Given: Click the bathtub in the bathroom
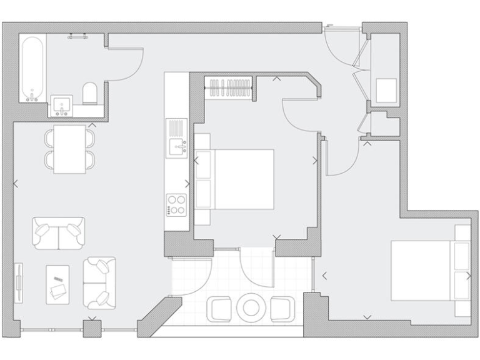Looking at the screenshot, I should point(32,69).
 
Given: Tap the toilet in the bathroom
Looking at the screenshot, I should point(89,93).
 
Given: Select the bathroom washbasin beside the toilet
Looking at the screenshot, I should point(62,107).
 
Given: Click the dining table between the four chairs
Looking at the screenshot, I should point(69,149).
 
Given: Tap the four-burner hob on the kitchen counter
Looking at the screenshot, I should point(176,204).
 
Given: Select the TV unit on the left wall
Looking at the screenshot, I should point(20,282).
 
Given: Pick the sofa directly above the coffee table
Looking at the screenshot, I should point(58,233).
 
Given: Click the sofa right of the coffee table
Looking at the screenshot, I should point(99,283).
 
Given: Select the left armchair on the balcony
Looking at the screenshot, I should point(219,307).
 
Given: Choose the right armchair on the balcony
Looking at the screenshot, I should point(282,307).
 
